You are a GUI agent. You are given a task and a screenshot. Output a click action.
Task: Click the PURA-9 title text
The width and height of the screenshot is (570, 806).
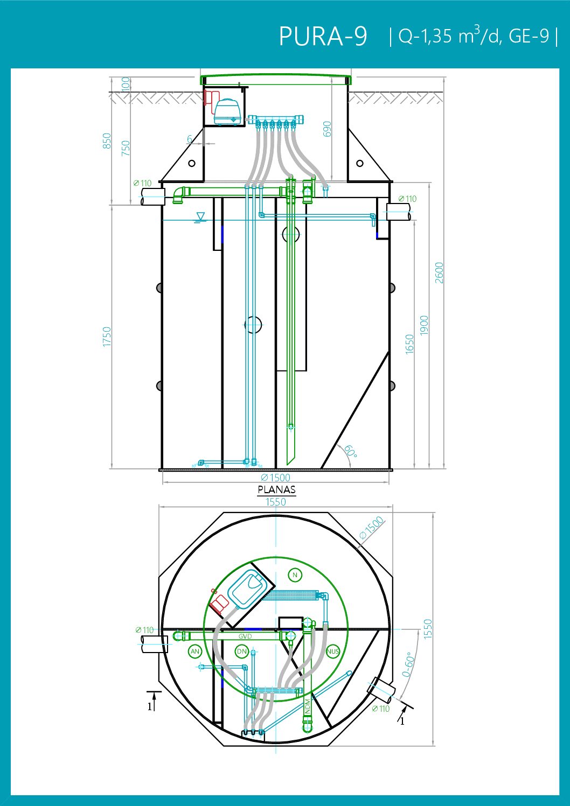tap(323, 36)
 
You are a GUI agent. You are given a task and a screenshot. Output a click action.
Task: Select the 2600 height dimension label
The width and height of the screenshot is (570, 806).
tap(439, 273)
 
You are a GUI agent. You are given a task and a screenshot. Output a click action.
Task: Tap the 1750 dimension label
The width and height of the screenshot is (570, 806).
tap(107, 337)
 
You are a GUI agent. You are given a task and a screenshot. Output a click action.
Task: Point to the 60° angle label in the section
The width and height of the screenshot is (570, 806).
tap(350, 451)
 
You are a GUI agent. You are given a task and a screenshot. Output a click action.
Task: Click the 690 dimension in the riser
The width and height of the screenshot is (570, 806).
tap(326, 129)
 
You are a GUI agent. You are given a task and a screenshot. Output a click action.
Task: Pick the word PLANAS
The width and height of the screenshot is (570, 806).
tap(276, 490)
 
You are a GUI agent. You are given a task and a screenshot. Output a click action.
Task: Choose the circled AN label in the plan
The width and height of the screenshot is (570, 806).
tap(195, 651)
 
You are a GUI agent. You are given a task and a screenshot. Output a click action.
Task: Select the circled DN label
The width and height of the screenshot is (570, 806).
tap(241, 651)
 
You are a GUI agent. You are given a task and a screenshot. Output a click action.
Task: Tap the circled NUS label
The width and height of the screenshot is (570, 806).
tap(333, 651)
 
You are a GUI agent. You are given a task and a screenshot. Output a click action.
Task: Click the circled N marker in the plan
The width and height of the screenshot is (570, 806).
tap(295, 575)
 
